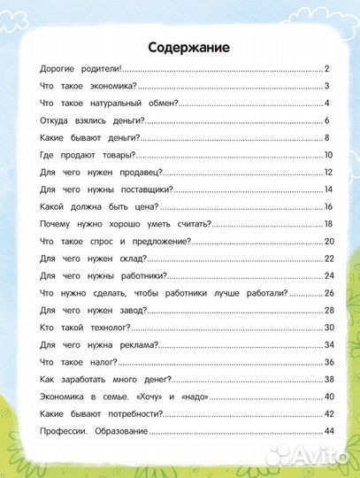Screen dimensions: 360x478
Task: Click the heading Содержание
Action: [x=188, y=47]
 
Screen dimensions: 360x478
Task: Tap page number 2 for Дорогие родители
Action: [x=327, y=68]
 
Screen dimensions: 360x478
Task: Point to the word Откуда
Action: [x=57, y=120]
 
